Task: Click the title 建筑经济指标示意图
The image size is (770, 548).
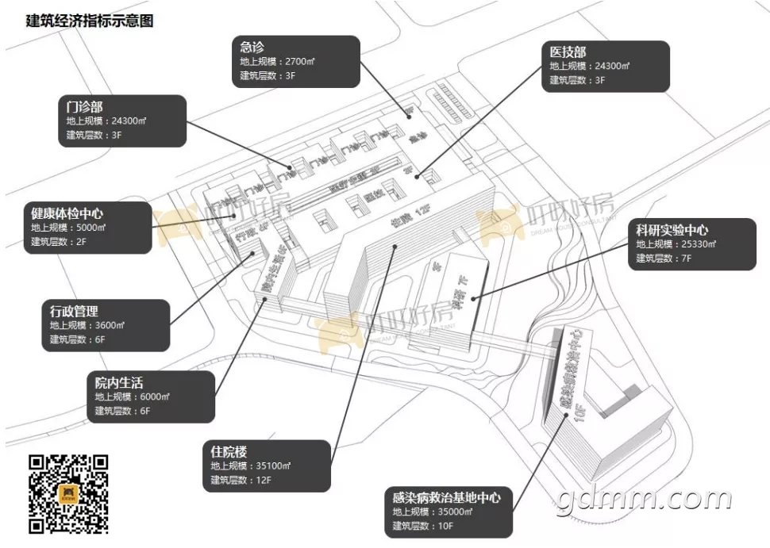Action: (x=89, y=21)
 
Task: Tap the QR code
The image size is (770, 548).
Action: (x=68, y=493)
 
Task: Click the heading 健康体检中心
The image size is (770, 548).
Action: (x=67, y=213)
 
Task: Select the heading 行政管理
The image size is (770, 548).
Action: (x=74, y=311)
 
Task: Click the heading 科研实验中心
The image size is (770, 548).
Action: (x=672, y=230)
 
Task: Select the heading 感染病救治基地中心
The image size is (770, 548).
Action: (x=446, y=498)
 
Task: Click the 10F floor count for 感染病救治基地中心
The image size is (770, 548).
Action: (x=444, y=527)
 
